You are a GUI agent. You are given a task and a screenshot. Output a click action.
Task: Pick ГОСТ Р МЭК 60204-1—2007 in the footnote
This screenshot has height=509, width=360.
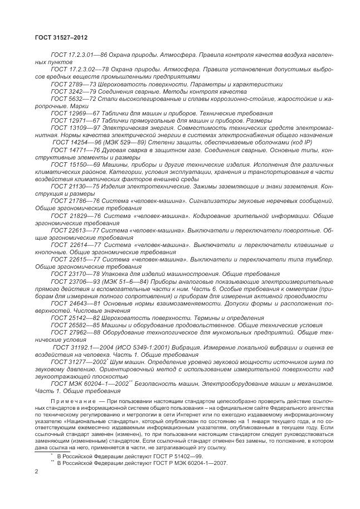168,462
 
